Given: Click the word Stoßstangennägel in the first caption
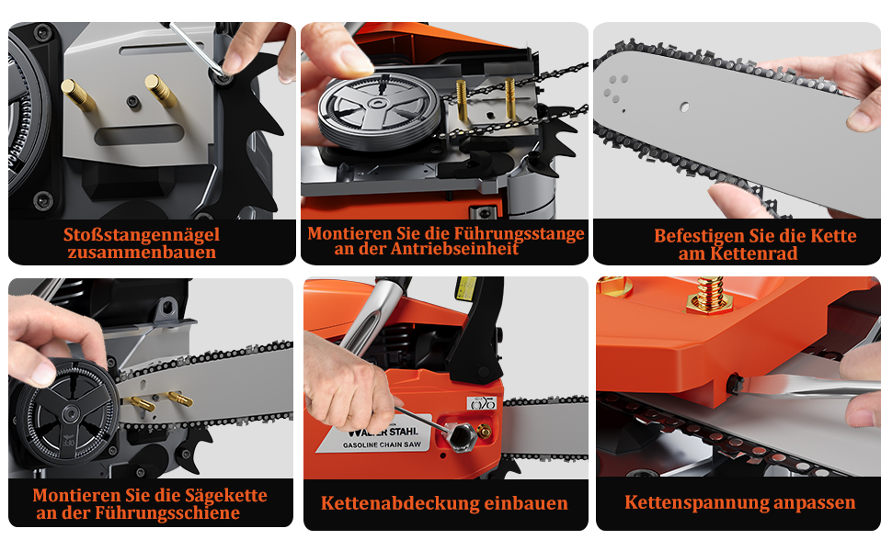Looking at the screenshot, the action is tap(141, 234).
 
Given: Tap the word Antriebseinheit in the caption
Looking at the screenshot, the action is tap(455, 249).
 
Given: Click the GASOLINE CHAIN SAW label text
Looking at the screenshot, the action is tap(382, 444).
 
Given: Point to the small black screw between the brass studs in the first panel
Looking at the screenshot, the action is tap(133, 102).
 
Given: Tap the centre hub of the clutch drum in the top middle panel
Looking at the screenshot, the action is tap(378, 104).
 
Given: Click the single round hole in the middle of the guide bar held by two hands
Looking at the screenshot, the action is tap(684, 107).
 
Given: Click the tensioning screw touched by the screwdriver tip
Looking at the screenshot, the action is tap(734, 381).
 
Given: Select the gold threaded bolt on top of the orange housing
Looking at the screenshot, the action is tap(707, 294).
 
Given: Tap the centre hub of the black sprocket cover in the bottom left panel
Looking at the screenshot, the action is tap(71, 412).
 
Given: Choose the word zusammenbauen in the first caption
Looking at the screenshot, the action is tap(142, 253).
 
